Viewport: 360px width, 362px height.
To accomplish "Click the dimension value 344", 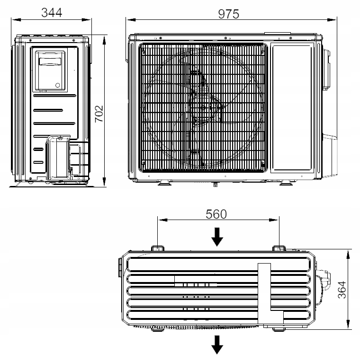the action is pyautogui.click(x=52, y=12).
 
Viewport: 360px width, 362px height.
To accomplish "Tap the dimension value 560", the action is pyautogui.click(x=216, y=214).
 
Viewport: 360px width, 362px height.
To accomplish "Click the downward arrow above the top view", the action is pyautogui.click(x=217, y=237).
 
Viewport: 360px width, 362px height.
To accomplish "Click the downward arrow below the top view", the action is pyautogui.click(x=217, y=344).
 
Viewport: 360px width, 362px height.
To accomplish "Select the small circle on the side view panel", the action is pyautogui.click(x=58, y=86).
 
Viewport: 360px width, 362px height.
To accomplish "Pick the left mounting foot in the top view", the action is pyautogui.click(x=157, y=248).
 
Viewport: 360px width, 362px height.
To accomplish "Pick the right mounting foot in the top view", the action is pyautogui.click(x=279, y=248).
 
